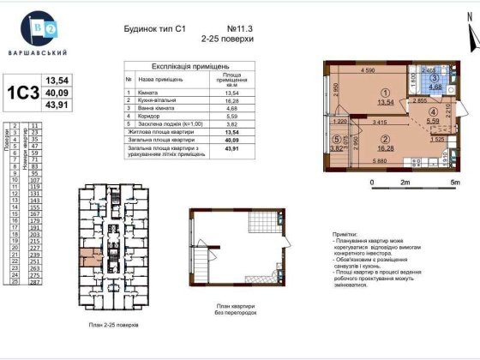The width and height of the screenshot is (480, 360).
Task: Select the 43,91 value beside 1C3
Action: pos(56,105)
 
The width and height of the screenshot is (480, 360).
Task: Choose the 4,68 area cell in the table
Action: pos(229,108)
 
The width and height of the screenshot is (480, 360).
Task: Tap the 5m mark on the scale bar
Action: pos(455,183)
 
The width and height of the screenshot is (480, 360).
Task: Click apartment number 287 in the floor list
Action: pos(36,281)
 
